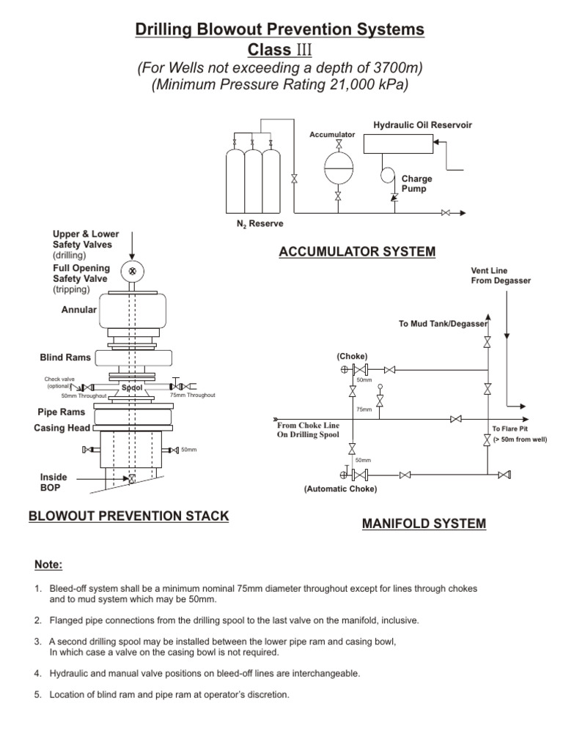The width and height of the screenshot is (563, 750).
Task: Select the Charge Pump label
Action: coord(416,183)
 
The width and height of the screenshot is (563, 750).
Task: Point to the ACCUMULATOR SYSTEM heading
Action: coord(357,252)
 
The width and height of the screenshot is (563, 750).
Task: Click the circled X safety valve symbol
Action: coord(132,270)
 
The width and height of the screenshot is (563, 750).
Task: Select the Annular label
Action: coord(78,310)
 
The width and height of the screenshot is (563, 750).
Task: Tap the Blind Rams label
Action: coord(65,357)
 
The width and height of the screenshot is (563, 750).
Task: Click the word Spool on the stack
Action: coord(132,387)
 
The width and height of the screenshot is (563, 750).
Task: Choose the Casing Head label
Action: coord(61,428)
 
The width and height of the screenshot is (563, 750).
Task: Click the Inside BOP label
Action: coord(54,482)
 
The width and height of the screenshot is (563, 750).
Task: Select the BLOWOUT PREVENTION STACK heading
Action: coord(128,516)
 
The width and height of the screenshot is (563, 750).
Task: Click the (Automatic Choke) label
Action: coord(340,489)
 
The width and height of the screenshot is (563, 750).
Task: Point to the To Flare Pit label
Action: coord(509,428)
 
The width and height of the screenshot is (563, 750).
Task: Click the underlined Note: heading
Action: coord(49,565)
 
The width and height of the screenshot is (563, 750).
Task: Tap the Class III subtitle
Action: coord(279,50)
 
